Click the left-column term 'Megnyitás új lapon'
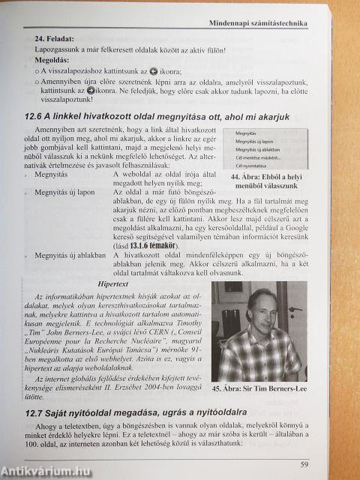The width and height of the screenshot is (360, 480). pyautogui.click(x=65, y=192)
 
